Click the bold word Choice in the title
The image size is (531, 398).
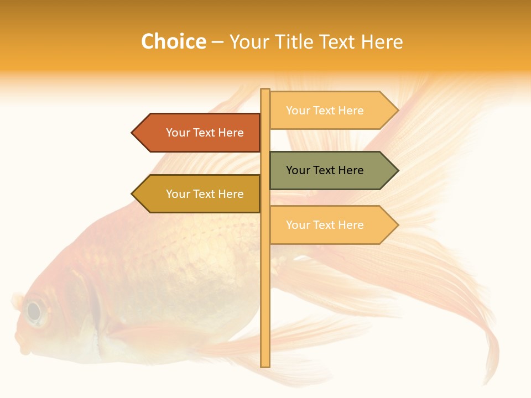point(173,42)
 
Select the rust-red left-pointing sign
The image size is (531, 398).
point(199,133)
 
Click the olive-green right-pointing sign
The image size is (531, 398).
point(332,170)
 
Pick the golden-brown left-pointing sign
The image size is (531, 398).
point(199,194)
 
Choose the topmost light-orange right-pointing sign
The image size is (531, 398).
point(332,111)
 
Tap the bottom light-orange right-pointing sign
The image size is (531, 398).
point(332,225)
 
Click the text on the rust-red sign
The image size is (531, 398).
point(205,133)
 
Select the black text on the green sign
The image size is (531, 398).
point(325,170)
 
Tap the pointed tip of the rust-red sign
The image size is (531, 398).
point(133,133)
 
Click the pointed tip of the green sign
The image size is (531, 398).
point(398,170)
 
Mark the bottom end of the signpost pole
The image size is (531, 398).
point(265,365)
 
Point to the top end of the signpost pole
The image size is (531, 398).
point(265,90)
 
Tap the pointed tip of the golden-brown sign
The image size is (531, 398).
point(133,194)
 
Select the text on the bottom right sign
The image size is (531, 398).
point(325,225)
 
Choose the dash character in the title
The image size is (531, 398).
point(217,43)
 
